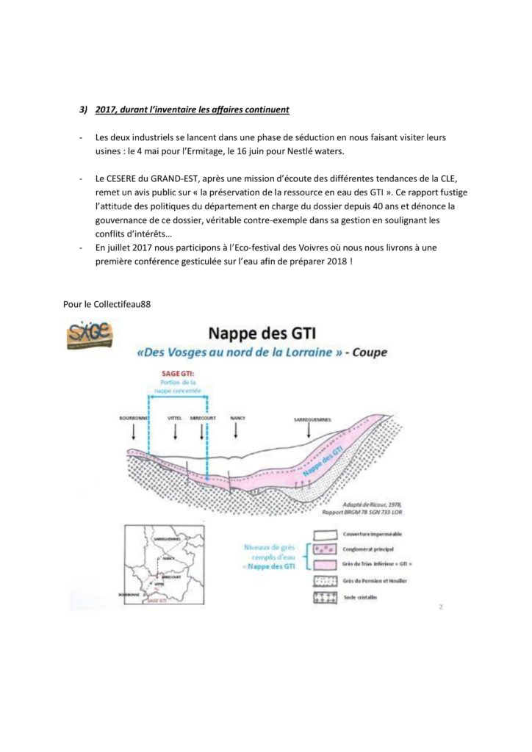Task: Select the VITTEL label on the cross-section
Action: [x=175, y=417]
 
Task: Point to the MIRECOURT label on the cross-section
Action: [x=202, y=417]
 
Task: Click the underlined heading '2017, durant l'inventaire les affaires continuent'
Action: [x=193, y=110]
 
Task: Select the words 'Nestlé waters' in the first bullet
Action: [x=301, y=151]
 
